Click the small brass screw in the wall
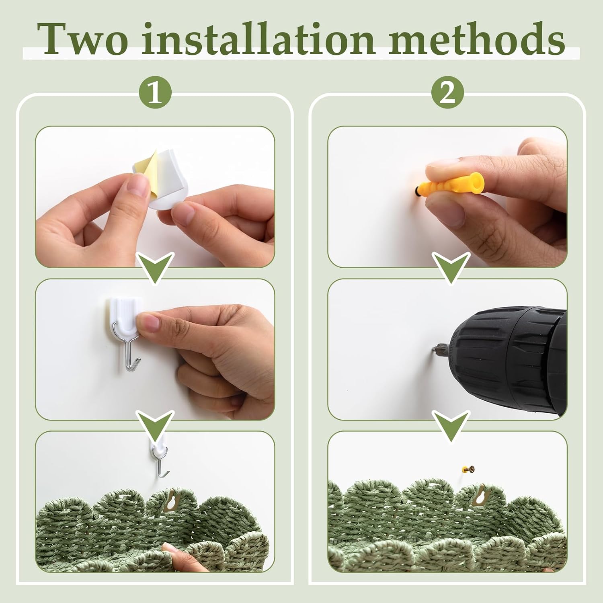tap(468, 469)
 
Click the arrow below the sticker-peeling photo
tap(156, 268)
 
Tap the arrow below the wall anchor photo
tap(450, 268)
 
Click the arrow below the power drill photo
tap(450, 425)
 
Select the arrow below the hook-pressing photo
tap(156, 425)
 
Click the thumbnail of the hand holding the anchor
tap(447, 197)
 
